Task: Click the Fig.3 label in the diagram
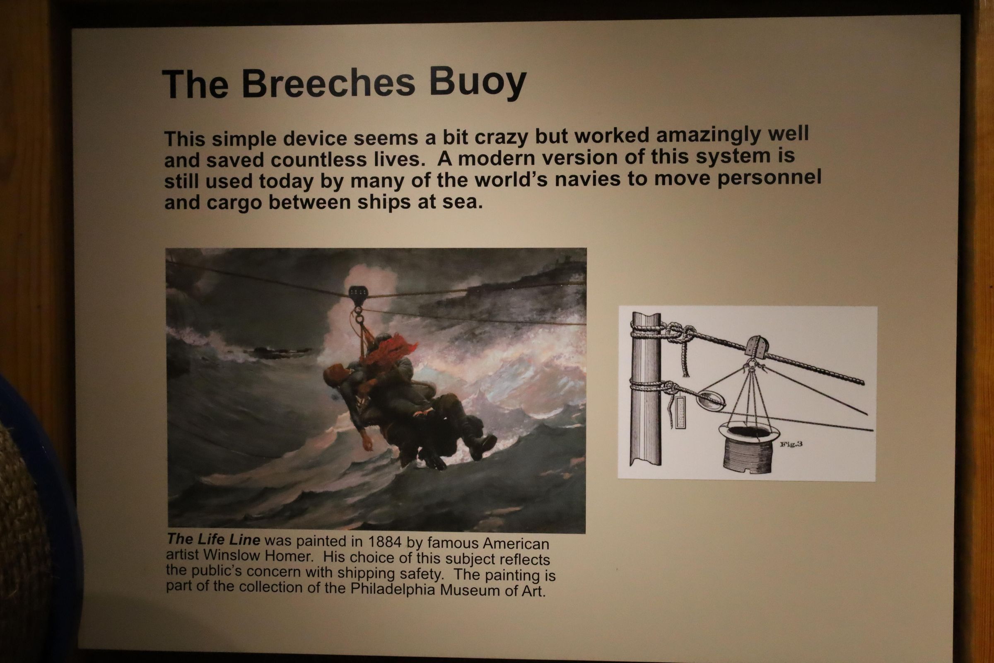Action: (x=791, y=444)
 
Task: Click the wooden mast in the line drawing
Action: (x=646, y=389)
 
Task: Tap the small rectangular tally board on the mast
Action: (x=680, y=411)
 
